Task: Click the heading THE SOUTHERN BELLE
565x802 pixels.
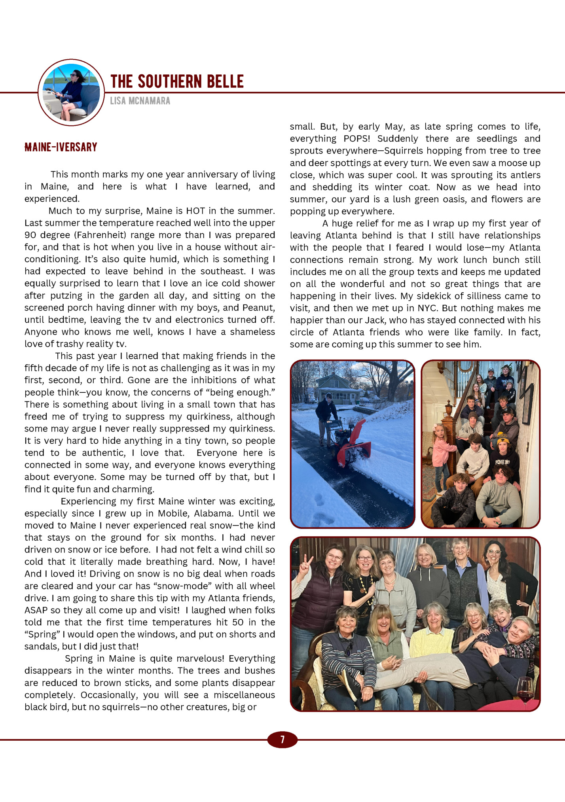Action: [x=177, y=81]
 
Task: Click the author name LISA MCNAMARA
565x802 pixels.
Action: [x=140, y=101]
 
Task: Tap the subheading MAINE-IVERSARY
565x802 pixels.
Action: [x=61, y=147]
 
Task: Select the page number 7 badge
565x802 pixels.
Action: [x=282, y=740]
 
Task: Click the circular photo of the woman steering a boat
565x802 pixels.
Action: [x=71, y=93]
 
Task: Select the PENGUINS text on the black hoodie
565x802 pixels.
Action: [x=502, y=462]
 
